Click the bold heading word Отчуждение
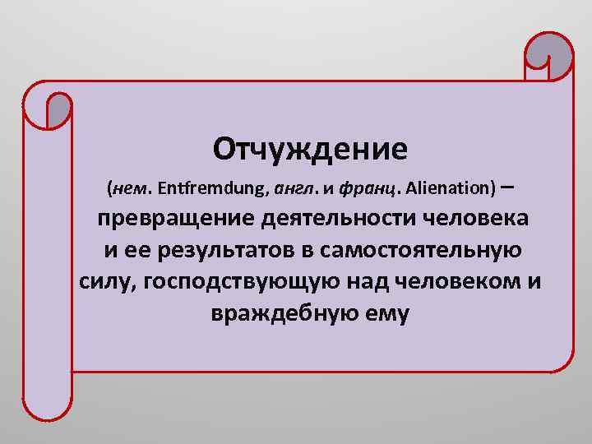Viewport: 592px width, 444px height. (310, 149)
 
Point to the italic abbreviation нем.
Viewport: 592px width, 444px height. (132, 189)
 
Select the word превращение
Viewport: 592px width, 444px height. (177, 220)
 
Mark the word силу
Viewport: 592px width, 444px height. (107, 282)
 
